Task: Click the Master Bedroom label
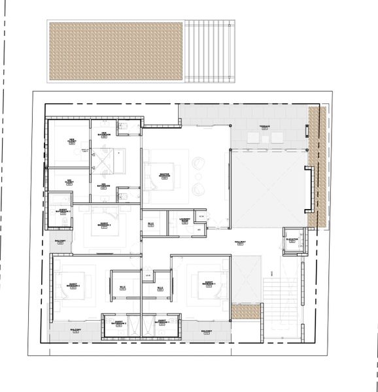[x=165, y=175]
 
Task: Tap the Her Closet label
[x=72, y=140]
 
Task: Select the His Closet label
[x=69, y=182]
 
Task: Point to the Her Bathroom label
[x=104, y=135]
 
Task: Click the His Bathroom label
[x=104, y=186]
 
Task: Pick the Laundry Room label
[x=184, y=221]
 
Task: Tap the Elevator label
[x=292, y=240]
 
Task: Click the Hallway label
[x=240, y=243]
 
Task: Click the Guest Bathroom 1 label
[x=162, y=322]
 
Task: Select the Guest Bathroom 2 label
[x=118, y=322]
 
